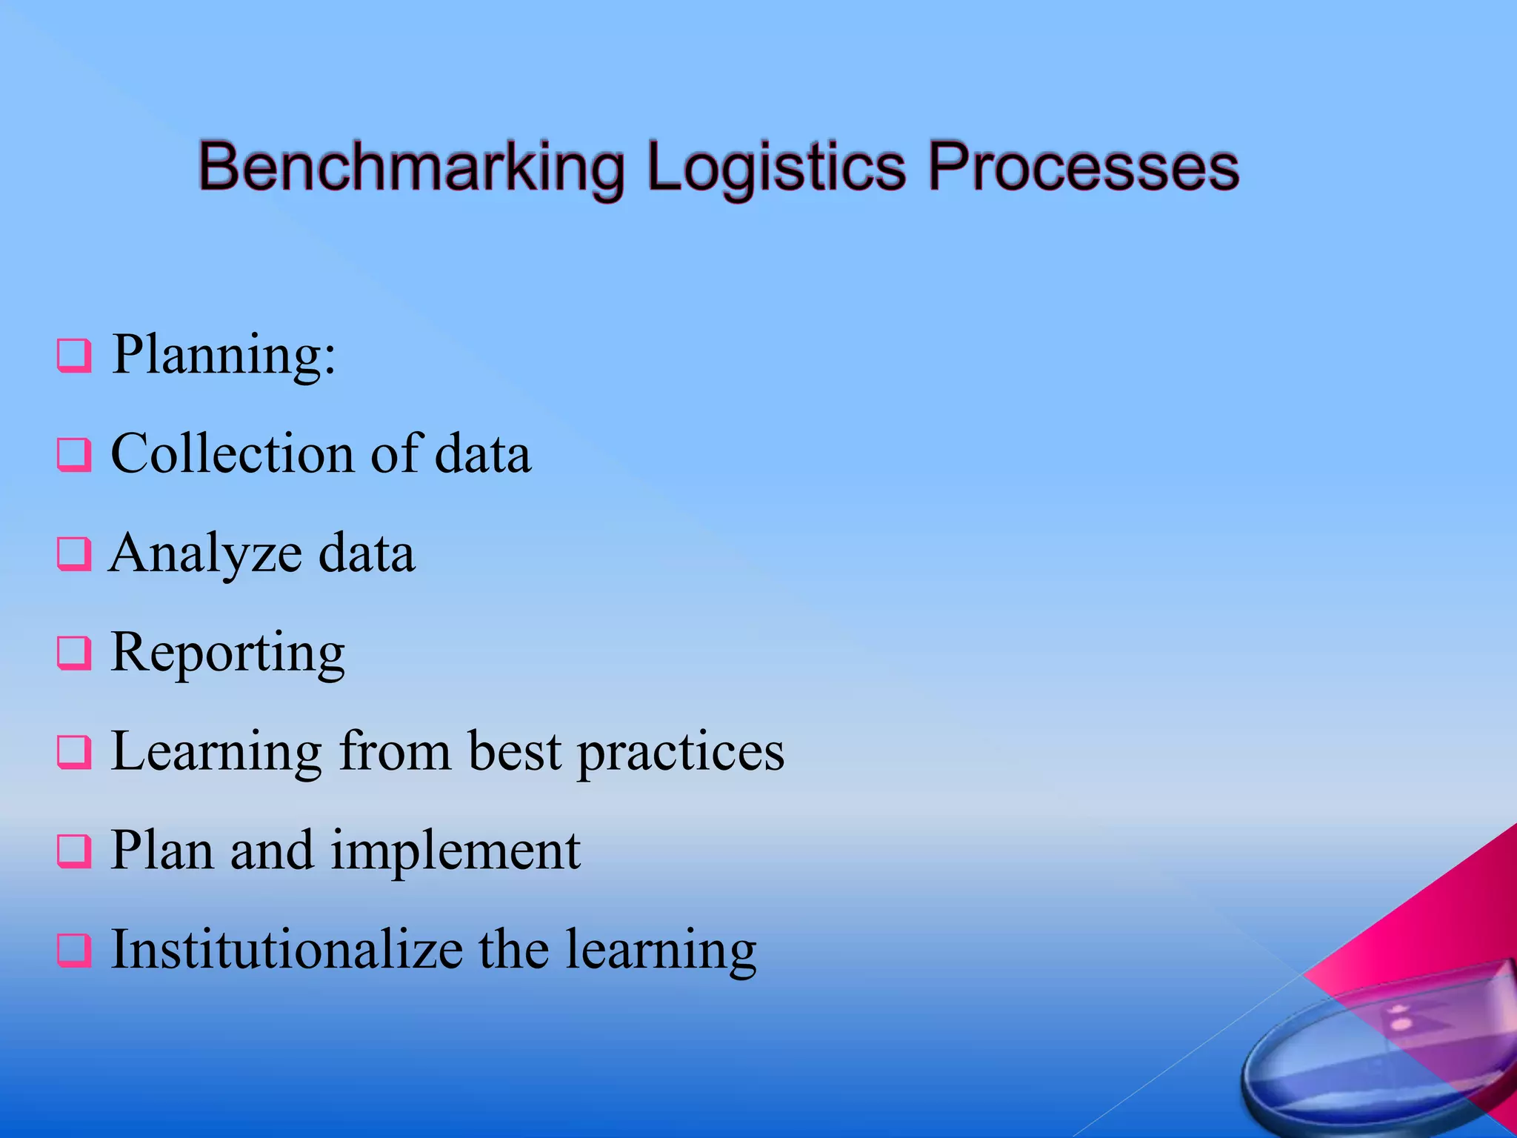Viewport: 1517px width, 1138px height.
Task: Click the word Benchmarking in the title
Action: click(x=411, y=167)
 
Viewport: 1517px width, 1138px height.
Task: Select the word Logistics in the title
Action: click(x=776, y=167)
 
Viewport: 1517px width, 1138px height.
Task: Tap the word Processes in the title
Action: click(x=1083, y=167)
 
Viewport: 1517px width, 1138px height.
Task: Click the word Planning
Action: click(x=222, y=356)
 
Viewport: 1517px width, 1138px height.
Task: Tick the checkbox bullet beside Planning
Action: click(x=74, y=356)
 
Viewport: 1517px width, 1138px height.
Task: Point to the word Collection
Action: click(x=231, y=453)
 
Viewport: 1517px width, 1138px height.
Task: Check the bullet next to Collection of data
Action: click(x=74, y=455)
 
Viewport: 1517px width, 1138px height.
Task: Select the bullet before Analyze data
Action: click(x=74, y=554)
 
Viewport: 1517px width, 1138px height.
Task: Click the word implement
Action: click(x=455, y=851)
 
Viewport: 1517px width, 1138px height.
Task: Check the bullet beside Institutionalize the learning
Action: click(x=74, y=951)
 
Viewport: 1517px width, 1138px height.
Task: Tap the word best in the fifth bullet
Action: click(x=514, y=751)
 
